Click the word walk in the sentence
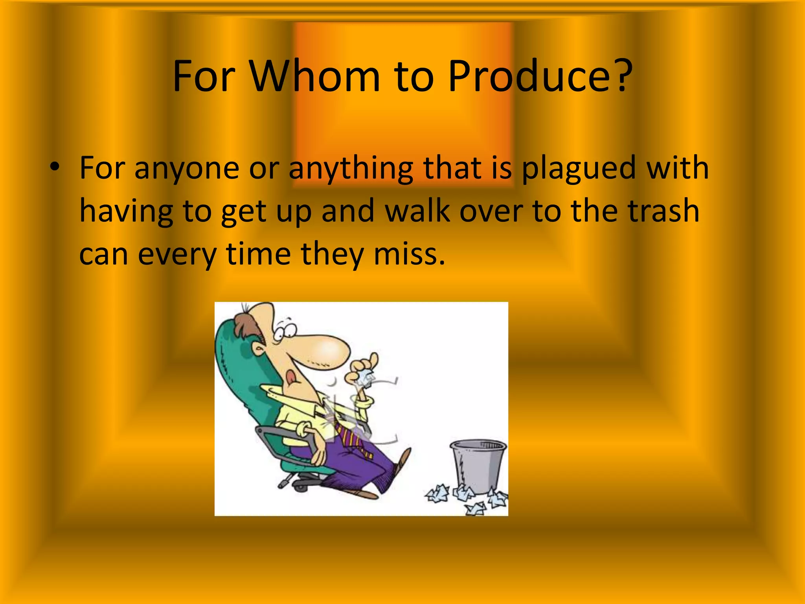(x=417, y=211)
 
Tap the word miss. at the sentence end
(x=409, y=254)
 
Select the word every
(x=177, y=255)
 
